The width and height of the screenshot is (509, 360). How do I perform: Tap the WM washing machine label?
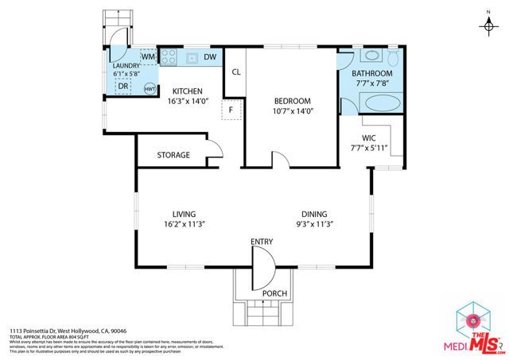148,57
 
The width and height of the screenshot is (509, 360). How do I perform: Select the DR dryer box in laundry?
123,86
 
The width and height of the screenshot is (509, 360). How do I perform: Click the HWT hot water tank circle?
149,89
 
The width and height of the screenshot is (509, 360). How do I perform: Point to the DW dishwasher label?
208,57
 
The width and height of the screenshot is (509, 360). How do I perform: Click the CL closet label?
236,72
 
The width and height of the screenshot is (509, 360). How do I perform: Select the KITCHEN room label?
187,91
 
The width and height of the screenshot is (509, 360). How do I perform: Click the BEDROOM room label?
292,101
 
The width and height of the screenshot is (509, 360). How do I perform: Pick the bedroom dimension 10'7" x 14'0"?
292,112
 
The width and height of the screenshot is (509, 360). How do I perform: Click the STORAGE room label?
173,155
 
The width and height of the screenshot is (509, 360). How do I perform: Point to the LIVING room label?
184,213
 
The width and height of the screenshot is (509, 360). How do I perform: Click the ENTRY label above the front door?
262,242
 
